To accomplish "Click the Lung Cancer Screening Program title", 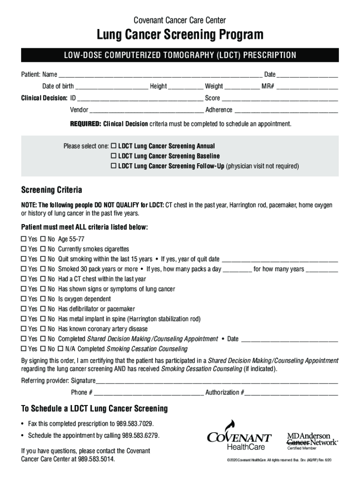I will tap(180, 35).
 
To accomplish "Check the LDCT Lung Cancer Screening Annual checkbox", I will tap(114, 146).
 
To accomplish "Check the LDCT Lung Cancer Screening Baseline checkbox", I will tap(114, 156).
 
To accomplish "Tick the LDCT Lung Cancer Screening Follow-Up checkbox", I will tap(114, 166).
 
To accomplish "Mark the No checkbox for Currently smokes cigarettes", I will tap(43, 249).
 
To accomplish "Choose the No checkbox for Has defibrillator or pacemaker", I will tap(43, 309).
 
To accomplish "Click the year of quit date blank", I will tap(280, 260).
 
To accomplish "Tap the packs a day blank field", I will tap(238, 269).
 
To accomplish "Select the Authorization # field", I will tap(291, 393).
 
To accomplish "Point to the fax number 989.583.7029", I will tap(137, 424).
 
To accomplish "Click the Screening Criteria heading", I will tap(52, 190).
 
